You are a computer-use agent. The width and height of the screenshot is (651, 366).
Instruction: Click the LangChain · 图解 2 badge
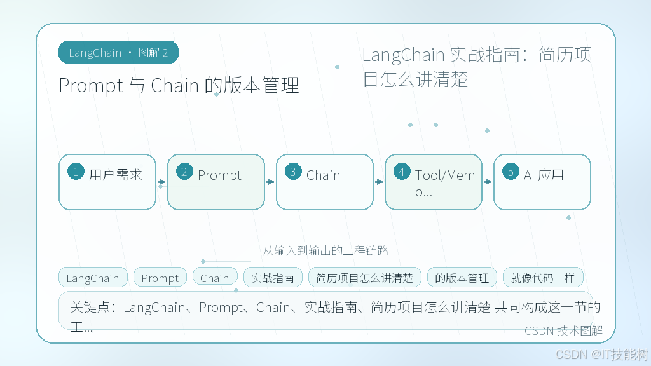click(x=118, y=52)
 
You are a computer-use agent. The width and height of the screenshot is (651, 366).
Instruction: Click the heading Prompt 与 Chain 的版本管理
click(x=179, y=86)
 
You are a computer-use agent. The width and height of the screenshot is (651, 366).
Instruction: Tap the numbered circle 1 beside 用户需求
click(x=76, y=172)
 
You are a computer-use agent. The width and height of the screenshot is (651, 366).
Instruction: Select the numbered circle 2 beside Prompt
click(x=184, y=172)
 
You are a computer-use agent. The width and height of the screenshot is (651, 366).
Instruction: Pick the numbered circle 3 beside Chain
click(x=293, y=172)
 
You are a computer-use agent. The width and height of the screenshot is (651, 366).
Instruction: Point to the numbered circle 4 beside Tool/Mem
click(x=402, y=172)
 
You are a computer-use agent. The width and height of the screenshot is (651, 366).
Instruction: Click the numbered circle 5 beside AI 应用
click(x=511, y=172)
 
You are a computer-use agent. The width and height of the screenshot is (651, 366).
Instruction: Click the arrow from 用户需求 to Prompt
click(x=161, y=182)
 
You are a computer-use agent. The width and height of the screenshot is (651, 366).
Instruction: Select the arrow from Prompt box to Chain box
click(x=270, y=182)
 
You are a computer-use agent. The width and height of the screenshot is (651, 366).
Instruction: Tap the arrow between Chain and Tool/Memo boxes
click(x=379, y=182)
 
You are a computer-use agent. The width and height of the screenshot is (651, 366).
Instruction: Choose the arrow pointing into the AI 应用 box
click(x=488, y=182)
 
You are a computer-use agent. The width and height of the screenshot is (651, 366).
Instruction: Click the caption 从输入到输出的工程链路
click(x=325, y=250)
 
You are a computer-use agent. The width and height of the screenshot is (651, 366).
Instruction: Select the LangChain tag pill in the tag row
click(x=93, y=278)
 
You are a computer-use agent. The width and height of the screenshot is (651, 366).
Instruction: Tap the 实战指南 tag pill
click(x=273, y=278)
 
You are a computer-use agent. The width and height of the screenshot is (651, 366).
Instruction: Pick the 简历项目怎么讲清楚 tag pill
click(x=364, y=278)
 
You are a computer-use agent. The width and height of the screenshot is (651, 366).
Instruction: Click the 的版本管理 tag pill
click(x=462, y=278)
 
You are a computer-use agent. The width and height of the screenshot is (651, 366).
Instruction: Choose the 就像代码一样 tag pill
click(x=543, y=278)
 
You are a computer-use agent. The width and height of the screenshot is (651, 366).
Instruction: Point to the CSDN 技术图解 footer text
click(x=563, y=330)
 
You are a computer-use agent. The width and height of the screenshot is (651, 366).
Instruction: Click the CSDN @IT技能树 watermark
click(x=602, y=355)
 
